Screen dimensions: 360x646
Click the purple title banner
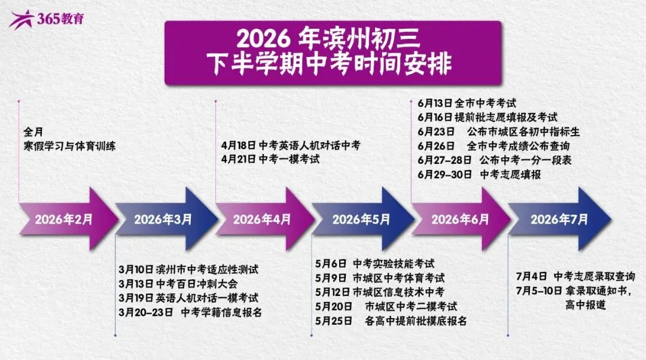coord(324,53)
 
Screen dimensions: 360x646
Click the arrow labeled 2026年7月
coord(559,219)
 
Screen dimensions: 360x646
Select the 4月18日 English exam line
coord(291,145)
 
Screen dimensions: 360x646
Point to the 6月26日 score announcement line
coord(493,146)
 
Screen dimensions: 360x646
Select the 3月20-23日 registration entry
coord(190,312)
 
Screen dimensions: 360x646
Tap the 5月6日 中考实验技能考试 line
coord(374,264)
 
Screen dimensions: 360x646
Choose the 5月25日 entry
coord(390,321)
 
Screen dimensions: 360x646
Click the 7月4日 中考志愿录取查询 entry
coord(575,276)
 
